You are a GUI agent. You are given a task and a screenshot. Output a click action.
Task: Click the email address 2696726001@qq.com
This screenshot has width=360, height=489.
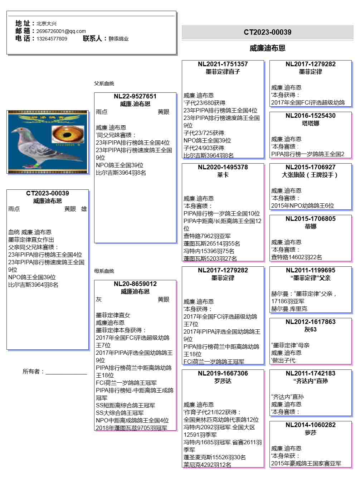tap(61, 31)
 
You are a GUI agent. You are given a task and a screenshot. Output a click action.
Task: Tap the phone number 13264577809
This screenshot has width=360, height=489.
tap(52, 39)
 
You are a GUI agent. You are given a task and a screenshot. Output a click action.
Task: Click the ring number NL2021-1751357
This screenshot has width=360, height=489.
tap(223, 64)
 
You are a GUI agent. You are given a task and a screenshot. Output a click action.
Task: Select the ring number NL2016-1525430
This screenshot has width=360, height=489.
tap(310, 116)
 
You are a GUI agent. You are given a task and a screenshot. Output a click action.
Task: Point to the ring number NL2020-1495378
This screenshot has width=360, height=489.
tap(223, 167)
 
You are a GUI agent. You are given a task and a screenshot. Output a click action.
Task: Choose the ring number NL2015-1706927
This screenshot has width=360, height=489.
tap(310, 167)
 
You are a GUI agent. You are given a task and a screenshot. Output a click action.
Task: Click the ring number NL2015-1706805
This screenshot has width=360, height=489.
tap(310, 219)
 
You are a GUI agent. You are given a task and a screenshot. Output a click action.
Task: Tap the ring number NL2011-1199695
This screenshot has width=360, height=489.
tap(310, 270)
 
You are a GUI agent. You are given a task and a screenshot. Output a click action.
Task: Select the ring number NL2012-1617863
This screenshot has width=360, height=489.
tap(310, 322)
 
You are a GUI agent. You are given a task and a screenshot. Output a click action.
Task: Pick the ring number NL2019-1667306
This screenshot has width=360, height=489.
tap(223, 373)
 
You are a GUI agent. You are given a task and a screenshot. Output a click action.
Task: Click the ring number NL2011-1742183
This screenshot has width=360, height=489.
tap(310, 373)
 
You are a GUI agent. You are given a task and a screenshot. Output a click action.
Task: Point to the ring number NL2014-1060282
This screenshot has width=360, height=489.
tap(310, 425)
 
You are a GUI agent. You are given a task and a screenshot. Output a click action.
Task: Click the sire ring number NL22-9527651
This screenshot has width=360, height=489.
tap(135, 96)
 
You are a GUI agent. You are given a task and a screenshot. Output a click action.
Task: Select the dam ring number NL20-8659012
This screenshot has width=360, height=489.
tap(135, 284)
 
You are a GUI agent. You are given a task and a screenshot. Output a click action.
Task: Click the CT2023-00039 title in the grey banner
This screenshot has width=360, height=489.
tap(267, 32)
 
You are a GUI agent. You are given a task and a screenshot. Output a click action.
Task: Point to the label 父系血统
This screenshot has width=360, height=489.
tap(104, 83)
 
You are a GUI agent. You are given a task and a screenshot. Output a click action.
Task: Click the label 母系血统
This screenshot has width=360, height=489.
tap(104, 271)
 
